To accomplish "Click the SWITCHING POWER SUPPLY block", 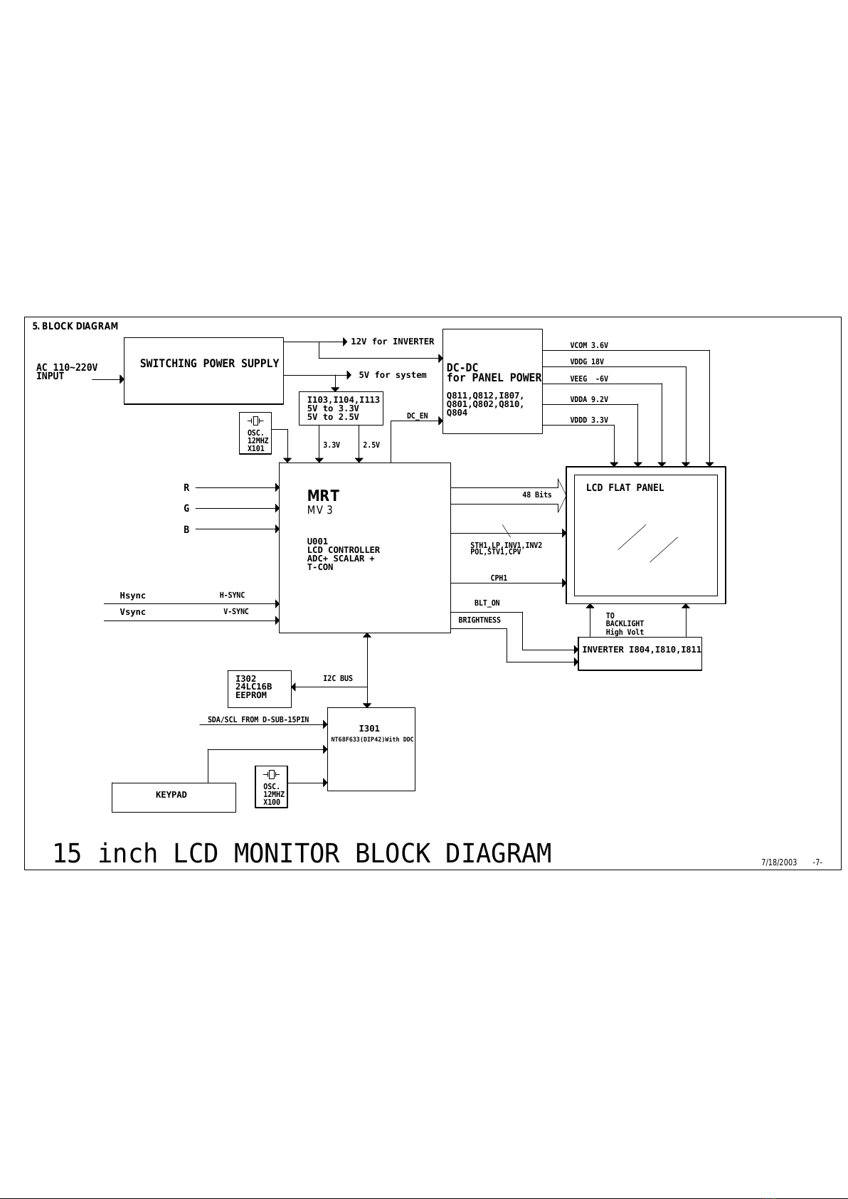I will (203, 371).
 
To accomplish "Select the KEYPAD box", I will (174, 797).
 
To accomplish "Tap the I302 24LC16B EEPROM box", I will (259, 688).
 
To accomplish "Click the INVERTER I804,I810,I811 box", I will (640, 653).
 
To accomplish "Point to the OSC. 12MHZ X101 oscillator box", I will (255, 433).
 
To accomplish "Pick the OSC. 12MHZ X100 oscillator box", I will (271, 787).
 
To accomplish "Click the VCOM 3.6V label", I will (589, 346).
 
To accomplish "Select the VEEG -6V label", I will (589, 379).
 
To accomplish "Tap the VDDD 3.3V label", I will (589, 421).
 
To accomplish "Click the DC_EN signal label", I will (417, 416).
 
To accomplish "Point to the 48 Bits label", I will (536, 495).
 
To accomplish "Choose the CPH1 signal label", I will (499, 579).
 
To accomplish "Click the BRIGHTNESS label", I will (479, 620).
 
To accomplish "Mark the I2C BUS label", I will (338, 679).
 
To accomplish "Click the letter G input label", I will (186, 509).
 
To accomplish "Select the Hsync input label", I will (132, 596).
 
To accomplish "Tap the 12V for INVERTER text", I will (392, 342).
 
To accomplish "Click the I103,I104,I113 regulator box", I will (341, 408).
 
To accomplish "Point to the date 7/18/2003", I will (779, 862).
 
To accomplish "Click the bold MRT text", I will (323, 496).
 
